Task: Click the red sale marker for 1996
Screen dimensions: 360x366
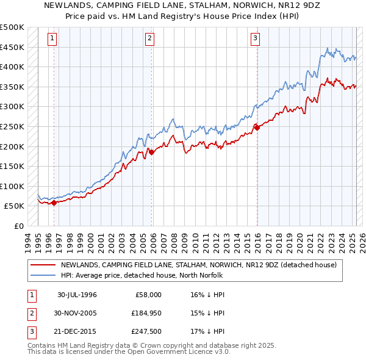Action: (x=54, y=203)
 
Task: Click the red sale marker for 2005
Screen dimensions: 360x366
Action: (x=152, y=153)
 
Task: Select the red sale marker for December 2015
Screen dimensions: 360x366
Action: (x=257, y=128)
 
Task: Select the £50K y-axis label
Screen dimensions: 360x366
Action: (x=15, y=206)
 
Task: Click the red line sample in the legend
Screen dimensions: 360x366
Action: (x=43, y=265)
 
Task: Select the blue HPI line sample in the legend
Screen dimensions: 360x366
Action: (x=43, y=275)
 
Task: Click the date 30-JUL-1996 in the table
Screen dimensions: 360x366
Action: (x=77, y=295)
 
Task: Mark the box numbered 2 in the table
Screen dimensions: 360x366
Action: (x=30, y=313)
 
